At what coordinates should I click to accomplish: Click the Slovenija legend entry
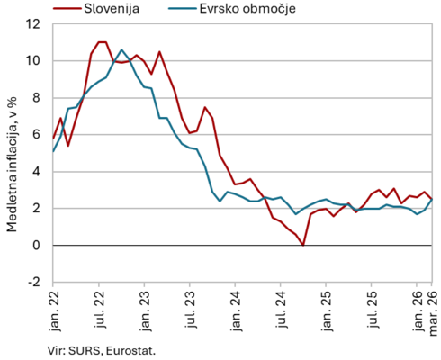96,8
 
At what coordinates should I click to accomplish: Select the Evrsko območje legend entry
232,9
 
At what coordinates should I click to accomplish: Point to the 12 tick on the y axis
32,24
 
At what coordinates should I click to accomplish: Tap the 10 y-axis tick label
32,61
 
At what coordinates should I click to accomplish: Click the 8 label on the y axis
36,98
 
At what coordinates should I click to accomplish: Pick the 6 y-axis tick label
36,134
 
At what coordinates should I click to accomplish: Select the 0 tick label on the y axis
36,245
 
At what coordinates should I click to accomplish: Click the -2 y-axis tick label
33,282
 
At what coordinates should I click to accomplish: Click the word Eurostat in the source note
130,351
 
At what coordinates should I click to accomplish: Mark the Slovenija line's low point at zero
303,245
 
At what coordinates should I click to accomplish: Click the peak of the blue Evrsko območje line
121,49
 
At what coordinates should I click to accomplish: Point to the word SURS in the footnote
85,351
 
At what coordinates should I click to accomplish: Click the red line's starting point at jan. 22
53,139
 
